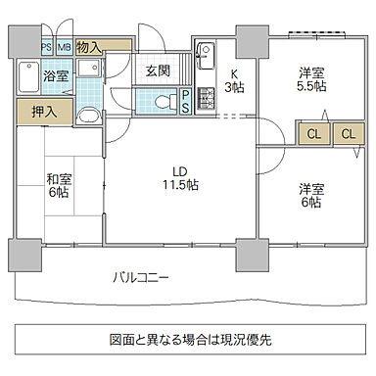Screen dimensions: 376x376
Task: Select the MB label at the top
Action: pyautogui.click(x=64, y=46)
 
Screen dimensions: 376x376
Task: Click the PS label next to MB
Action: pyautogui.click(x=46, y=46)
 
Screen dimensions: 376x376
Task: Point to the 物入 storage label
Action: pyautogui.click(x=87, y=46)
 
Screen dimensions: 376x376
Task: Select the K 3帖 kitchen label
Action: pyautogui.click(x=233, y=81)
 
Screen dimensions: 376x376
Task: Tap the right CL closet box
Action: pyautogui.click(x=347, y=134)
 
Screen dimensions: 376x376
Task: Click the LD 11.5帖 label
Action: pyautogui.click(x=177, y=174)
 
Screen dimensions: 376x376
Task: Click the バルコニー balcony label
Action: pyautogui.click(x=139, y=278)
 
